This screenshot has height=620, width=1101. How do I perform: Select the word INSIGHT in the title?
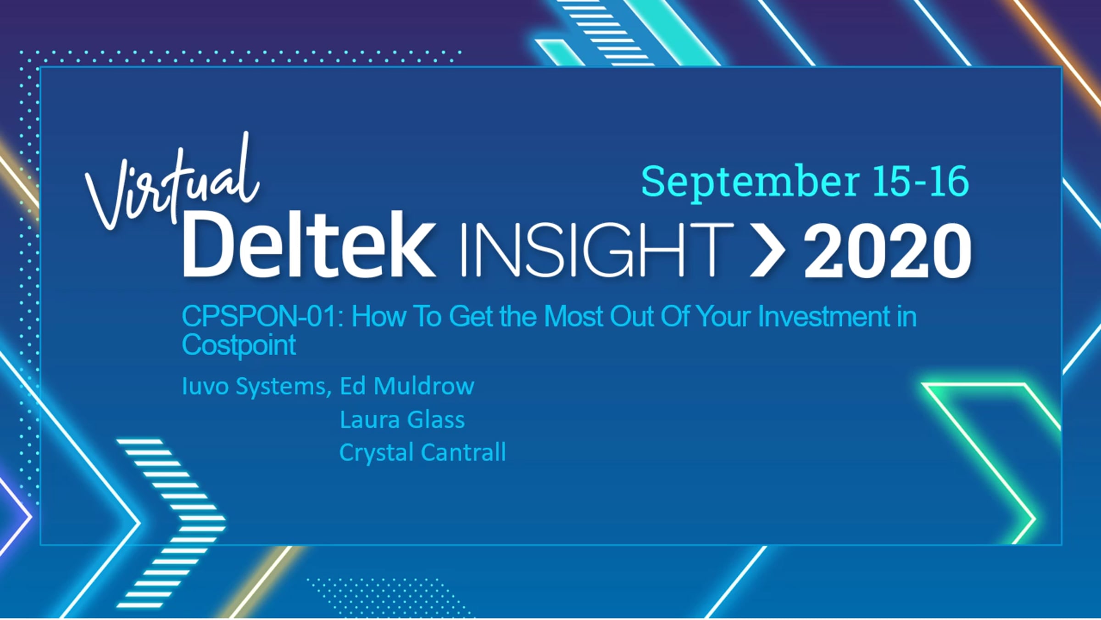click(x=597, y=250)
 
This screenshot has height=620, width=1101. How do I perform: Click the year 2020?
click(x=887, y=251)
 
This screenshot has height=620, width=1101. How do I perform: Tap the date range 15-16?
click(x=920, y=181)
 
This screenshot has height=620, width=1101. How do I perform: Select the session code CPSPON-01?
click(x=259, y=316)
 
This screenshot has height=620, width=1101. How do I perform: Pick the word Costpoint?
click(x=239, y=345)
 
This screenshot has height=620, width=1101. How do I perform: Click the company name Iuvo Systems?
click(x=255, y=387)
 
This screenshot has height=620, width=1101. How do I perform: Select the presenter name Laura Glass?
click(x=402, y=419)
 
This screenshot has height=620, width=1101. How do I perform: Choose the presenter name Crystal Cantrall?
click(x=423, y=452)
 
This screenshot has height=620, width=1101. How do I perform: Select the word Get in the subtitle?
click(x=471, y=316)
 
